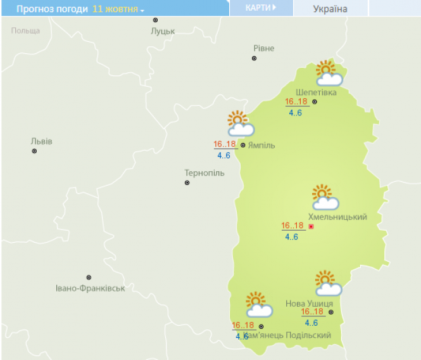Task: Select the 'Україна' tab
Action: click(x=330, y=9)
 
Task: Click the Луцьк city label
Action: click(x=163, y=30)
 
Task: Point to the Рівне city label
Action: click(x=264, y=48)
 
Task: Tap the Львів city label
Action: click(x=42, y=141)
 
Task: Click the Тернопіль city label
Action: click(x=204, y=172)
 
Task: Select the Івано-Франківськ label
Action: click(x=90, y=288)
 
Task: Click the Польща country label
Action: click(x=26, y=30)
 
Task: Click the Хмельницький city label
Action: click(x=337, y=217)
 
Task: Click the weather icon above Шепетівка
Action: click(x=328, y=74)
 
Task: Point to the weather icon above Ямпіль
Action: click(x=240, y=124)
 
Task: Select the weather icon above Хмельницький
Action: click(x=325, y=198)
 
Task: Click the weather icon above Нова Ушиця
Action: click(x=327, y=283)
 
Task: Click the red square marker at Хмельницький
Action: click(x=311, y=226)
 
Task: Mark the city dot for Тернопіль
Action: click(x=187, y=183)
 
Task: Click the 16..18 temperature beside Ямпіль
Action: click(x=225, y=144)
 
